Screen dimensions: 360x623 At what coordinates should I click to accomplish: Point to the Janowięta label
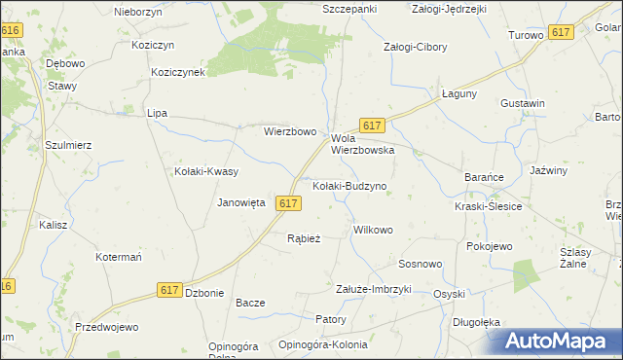click(241, 202)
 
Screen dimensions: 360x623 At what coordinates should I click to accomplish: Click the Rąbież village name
click(304, 237)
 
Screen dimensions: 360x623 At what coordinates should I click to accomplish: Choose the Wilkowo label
click(373, 231)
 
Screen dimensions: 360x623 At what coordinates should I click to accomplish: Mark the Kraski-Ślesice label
click(489, 206)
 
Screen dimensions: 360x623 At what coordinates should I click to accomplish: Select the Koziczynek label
click(177, 72)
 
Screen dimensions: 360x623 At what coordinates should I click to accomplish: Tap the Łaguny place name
click(458, 93)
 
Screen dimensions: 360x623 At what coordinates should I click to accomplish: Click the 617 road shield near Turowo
click(560, 32)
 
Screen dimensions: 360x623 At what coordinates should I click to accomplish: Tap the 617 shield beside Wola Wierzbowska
click(373, 126)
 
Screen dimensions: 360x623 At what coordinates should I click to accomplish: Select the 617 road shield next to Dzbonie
click(169, 290)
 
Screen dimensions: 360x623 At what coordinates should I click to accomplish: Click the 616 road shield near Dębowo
click(10, 31)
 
